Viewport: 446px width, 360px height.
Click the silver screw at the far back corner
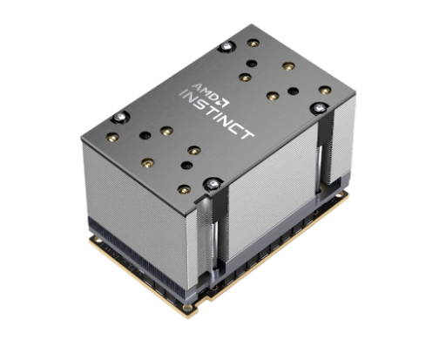(x=228, y=45)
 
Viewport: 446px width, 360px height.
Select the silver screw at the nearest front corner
(x=213, y=184)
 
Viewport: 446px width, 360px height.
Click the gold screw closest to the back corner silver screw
(x=253, y=43)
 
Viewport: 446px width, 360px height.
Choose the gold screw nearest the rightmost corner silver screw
(x=325, y=90)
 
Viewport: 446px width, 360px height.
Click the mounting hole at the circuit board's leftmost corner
(x=93, y=234)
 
